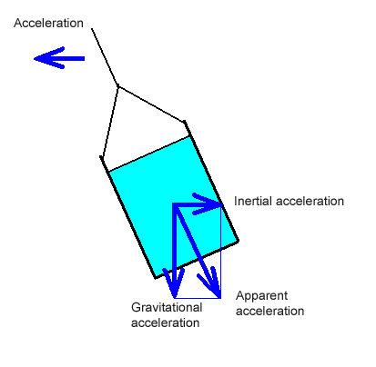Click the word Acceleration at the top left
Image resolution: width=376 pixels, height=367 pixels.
(48, 23)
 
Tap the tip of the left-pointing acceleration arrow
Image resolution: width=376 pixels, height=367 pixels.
(35, 58)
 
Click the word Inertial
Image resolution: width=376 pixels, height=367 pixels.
(252, 201)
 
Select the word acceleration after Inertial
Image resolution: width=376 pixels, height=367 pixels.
(310, 202)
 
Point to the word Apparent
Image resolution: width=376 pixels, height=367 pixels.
(261, 296)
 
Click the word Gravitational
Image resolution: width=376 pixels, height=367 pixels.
(167, 307)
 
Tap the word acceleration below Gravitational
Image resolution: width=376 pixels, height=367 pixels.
(166, 322)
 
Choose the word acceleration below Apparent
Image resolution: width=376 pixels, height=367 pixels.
(270, 311)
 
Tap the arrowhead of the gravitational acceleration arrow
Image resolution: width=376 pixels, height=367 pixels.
(174, 297)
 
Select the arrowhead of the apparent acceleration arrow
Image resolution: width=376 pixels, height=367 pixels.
(219, 297)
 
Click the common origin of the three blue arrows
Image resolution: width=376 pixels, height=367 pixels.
(175, 205)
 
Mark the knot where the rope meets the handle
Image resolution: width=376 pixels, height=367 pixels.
(117, 86)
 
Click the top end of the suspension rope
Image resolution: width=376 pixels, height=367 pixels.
(92, 29)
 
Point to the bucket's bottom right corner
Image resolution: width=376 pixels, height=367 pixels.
(239, 241)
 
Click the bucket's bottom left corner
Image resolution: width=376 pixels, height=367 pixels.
(156, 277)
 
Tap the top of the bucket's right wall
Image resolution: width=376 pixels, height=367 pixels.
(184, 122)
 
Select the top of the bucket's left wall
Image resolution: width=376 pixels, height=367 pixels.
(101, 157)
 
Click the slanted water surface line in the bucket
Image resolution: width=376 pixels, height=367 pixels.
(149, 154)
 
